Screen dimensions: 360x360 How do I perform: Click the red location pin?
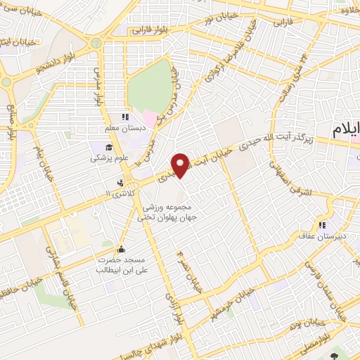point(181,165)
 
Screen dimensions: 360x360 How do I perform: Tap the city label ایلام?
point(346,130)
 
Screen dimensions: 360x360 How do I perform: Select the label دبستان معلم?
point(117,129)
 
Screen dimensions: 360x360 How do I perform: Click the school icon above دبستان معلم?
point(125,117)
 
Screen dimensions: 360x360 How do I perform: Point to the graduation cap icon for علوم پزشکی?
point(109,147)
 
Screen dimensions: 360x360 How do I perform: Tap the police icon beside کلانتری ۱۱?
point(121,181)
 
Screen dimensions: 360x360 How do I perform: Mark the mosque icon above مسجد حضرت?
point(121,248)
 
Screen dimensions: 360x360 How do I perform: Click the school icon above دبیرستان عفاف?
point(321,225)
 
